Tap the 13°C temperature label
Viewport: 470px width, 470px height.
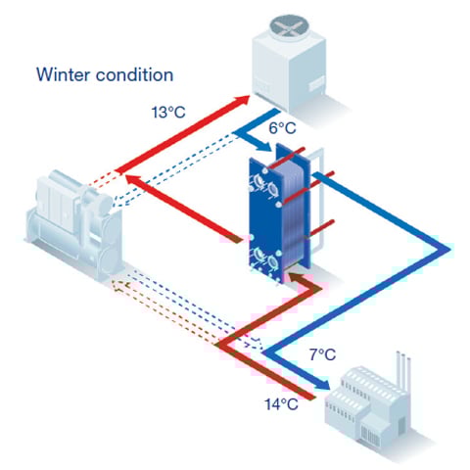coord(169,114)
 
